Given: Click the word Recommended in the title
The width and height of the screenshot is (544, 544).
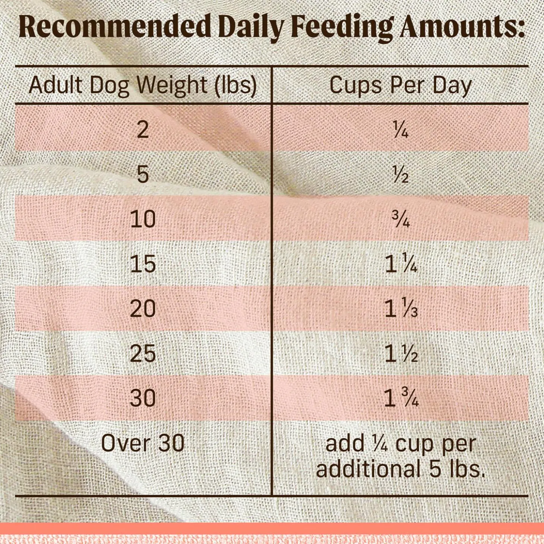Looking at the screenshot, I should click(x=115, y=27).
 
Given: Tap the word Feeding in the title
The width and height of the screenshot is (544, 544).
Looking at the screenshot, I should click(x=341, y=27).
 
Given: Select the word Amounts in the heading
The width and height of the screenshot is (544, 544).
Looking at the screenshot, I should click(x=461, y=27).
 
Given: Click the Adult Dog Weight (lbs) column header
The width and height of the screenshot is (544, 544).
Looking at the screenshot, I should click(x=143, y=85).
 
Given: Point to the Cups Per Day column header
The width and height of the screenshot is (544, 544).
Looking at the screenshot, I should click(x=401, y=85).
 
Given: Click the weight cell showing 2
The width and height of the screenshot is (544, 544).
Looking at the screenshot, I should click(x=143, y=130).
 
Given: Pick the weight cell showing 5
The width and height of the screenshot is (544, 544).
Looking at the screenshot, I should click(x=143, y=174).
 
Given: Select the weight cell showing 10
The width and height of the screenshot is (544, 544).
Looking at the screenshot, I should click(x=143, y=219).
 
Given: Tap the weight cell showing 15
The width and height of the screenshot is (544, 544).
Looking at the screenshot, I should click(x=143, y=264).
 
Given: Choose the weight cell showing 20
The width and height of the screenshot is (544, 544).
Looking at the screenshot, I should click(x=143, y=309).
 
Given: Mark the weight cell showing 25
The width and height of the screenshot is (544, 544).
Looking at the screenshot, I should click(x=143, y=353).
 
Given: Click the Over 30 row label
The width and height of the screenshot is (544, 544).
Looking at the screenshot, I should click(x=143, y=443).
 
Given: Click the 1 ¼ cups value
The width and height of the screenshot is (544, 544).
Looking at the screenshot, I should click(x=401, y=264).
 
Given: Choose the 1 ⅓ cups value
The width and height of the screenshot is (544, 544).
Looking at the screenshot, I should click(x=401, y=309).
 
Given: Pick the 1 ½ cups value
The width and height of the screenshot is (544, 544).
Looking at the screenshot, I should click(x=401, y=354).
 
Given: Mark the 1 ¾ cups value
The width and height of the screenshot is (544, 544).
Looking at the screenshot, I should click(x=401, y=398).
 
